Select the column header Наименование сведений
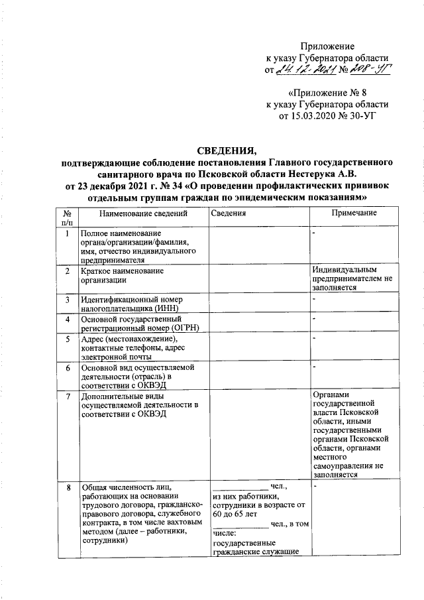point(139,213)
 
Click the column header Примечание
point(354,213)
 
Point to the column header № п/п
point(68,218)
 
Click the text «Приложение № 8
point(327,93)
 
